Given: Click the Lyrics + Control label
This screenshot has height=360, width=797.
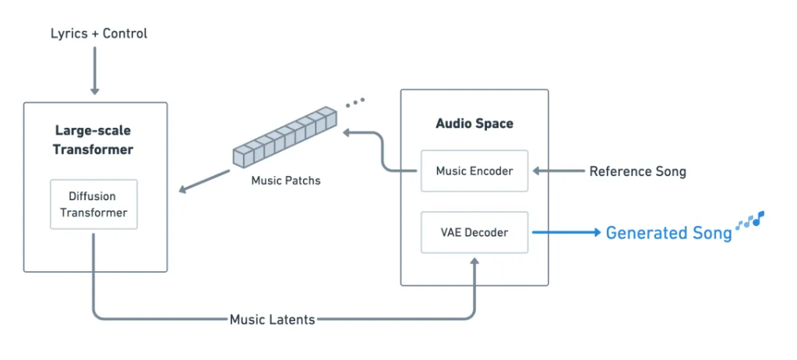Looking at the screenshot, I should coord(98,34).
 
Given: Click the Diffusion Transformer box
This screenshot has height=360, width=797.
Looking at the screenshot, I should coord(93,204).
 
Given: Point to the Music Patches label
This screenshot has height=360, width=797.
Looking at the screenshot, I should coord(286,181).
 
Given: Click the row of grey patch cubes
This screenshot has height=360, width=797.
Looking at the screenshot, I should coord(285,140).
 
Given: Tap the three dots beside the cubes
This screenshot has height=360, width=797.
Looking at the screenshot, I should coord(355,101).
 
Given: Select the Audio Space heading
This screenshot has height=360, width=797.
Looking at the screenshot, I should coord(474,123).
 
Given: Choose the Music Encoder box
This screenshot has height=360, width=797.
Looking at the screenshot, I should coord(474,171).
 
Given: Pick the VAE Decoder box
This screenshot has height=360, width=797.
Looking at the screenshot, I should coord(474,232).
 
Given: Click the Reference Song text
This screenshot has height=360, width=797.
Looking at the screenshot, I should coord(637,171).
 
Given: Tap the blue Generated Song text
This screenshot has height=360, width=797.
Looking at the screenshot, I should coord(668,233).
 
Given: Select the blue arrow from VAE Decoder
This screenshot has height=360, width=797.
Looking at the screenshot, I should coord(566,232).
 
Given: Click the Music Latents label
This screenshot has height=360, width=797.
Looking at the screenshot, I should coord(272,319).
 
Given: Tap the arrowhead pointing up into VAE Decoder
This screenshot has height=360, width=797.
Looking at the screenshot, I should coord(474,263).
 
